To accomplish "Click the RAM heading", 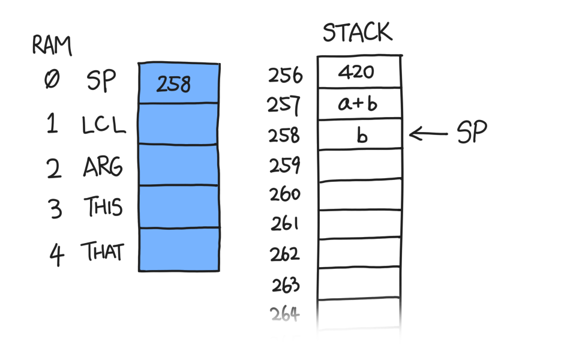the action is pos(52,46).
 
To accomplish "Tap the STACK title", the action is pos(358,32).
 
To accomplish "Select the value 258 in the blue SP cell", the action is pos(173,84).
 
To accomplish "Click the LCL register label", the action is pos(104,124).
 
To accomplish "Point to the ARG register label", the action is pos(103,167).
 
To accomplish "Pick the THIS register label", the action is pos(103,206).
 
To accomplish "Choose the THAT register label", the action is pos(103,251).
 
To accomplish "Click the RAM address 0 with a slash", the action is pos(52,79).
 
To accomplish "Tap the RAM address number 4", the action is pos(56,254).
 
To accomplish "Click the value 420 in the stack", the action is pos(356,71).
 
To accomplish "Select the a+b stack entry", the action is pos(358,103).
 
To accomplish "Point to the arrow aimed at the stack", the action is pos(428,134).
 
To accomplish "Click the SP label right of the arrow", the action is pos(472,131).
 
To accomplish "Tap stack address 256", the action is pos(286,76).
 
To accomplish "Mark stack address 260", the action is pos(285,194).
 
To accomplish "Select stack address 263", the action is pos(286,284).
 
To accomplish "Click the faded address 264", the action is pos(284,314).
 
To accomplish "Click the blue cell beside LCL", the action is pos(179,124).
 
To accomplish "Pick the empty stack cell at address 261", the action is pos(359,224).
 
